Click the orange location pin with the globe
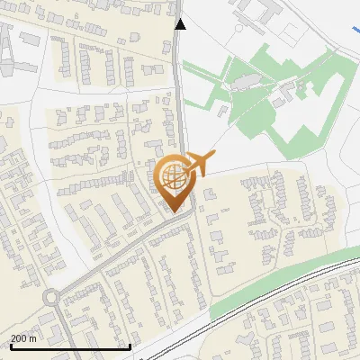click(x=174, y=180)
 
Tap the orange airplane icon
click(x=198, y=165)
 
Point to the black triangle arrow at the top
click(x=181, y=24)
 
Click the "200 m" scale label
click(x=23, y=338)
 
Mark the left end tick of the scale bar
click(x=10, y=345)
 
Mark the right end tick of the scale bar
click(x=130, y=345)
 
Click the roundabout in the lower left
click(x=50, y=296)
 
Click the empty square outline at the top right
click(x=290, y=35)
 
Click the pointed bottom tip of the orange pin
click(x=174, y=211)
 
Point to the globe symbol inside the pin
click(x=173, y=175)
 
